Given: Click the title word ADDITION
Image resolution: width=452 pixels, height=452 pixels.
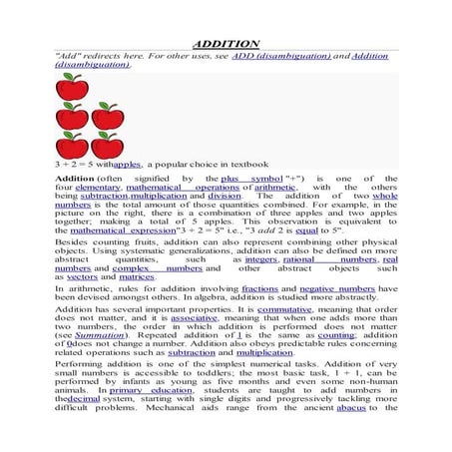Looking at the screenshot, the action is pos(226,44).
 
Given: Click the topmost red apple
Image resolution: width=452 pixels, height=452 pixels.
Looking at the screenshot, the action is pos(70,86).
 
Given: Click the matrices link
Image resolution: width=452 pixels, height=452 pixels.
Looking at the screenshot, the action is pos(137,278).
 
